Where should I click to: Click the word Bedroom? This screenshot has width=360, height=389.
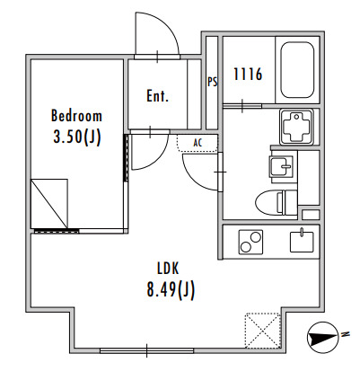pyautogui.click(x=76, y=116)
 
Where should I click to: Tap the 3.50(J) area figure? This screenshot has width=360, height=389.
pyautogui.click(x=76, y=137)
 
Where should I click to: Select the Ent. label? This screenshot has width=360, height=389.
pyautogui.click(x=157, y=96)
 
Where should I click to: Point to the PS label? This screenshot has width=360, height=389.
pyautogui.click(x=213, y=82)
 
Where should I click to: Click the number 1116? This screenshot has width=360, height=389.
pyautogui.click(x=248, y=74)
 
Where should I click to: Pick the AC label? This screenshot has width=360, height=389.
pyautogui.click(x=198, y=143)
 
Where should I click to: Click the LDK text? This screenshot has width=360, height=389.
pyautogui.click(x=168, y=269)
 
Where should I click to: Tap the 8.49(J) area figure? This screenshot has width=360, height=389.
pyautogui.click(x=171, y=290)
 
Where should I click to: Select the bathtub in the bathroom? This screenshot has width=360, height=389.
pyautogui.click(x=297, y=70)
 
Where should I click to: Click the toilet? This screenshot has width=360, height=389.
pyautogui.click(x=277, y=202)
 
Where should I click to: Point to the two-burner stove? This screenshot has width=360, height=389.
pyautogui.click(x=250, y=242)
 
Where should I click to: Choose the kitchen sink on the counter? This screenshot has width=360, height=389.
pyautogui.click(x=302, y=242)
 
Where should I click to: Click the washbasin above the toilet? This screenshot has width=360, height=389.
pyautogui.click(x=282, y=166)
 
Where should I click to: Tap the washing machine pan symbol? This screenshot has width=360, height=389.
pyautogui.click(x=296, y=126)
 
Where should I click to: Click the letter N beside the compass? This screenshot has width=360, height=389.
pyautogui.click(x=346, y=333)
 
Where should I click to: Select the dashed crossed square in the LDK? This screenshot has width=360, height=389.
pyautogui.click(x=263, y=331)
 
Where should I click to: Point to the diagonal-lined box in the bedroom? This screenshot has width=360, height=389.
pyautogui.click(x=49, y=204)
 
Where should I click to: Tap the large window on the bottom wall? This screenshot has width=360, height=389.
pyautogui.click(x=146, y=350)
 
